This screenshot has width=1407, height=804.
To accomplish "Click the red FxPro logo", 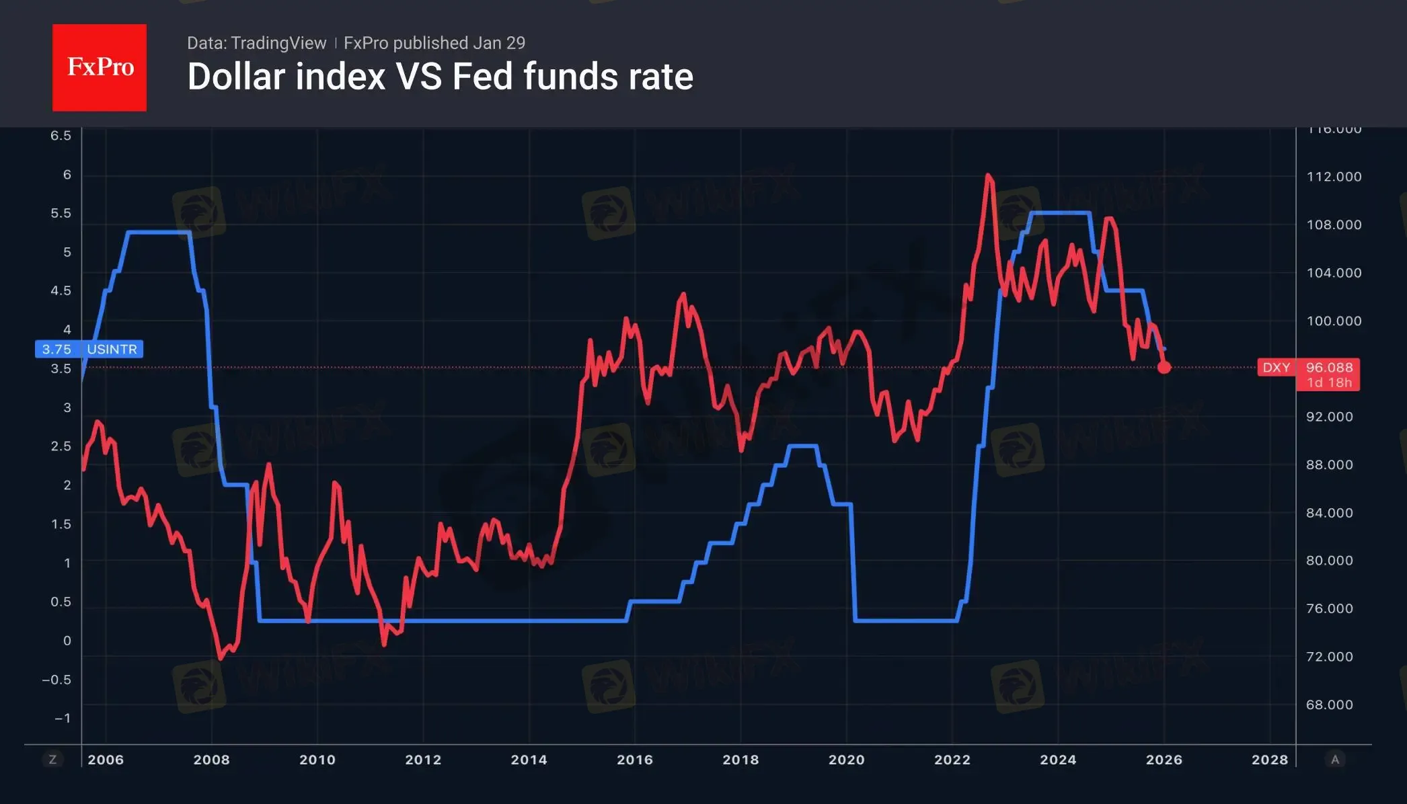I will (x=100, y=67).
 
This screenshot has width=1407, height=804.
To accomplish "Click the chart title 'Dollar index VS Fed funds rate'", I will (x=440, y=77).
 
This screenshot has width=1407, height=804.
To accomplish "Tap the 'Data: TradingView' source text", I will (x=256, y=43).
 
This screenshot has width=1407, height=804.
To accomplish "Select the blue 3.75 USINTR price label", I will (x=89, y=350).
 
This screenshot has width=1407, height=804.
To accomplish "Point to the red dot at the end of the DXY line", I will (x=1164, y=367).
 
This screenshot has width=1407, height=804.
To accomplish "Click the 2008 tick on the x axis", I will (x=211, y=760).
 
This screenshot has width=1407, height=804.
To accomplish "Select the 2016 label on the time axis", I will (x=634, y=760).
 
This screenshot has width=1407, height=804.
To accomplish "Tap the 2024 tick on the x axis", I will (x=1058, y=760).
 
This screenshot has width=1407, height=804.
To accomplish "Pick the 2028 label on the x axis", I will (x=1269, y=760).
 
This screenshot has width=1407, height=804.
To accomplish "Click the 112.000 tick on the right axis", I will (x=1334, y=177).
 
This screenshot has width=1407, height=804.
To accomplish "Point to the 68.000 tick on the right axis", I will (x=1329, y=705).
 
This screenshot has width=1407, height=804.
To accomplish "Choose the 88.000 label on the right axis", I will (x=1329, y=465).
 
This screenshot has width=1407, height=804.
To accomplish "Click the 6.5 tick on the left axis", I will (x=61, y=136).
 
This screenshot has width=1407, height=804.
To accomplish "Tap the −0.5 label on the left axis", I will (x=56, y=680).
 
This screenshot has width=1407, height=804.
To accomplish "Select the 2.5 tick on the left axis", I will (x=61, y=446).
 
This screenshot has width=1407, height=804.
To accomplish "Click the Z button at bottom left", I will (x=52, y=760).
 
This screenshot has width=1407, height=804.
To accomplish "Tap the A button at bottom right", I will (x=1335, y=760).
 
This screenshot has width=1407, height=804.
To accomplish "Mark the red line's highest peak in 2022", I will (x=988, y=175).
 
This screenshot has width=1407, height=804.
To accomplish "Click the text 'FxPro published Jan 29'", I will (x=434, y=43).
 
